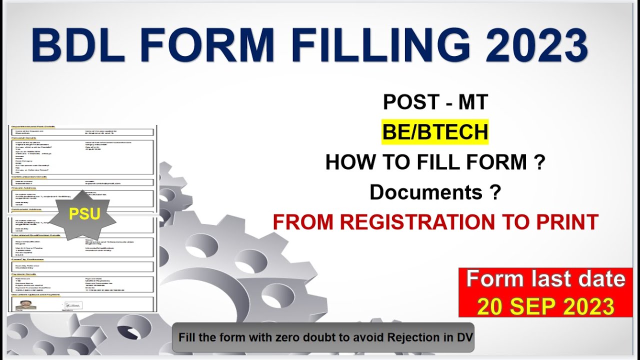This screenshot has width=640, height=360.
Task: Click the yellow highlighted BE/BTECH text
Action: [435, 132]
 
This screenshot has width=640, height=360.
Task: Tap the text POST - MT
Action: [435, 102]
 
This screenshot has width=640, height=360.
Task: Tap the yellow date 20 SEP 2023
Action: [545, 305]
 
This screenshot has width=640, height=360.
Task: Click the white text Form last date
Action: [545, 279]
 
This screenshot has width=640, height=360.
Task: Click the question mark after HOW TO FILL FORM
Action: [539, 162]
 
